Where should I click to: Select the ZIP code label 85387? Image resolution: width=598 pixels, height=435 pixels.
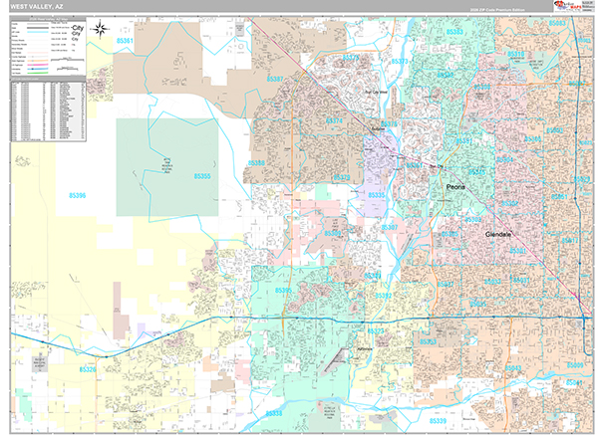[x=276, y=79]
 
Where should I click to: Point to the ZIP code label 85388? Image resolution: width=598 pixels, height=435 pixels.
[x=257, y=163]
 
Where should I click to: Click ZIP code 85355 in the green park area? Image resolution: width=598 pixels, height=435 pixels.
[x=202, y=176]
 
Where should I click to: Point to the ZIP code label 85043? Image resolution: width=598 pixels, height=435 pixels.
[x=512, y=369]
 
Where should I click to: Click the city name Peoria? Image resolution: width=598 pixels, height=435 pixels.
[x=456, y=186]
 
